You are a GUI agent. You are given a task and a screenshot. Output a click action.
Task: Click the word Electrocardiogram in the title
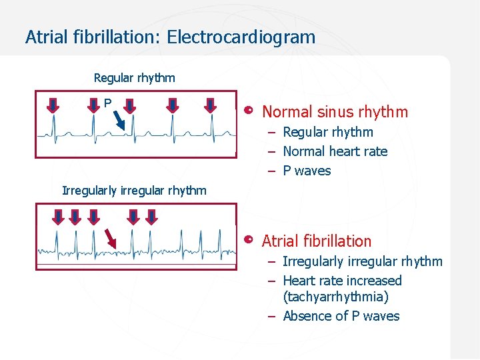[x=241, y=37]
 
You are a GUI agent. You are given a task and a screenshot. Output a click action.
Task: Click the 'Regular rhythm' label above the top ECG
[x=134, y=77]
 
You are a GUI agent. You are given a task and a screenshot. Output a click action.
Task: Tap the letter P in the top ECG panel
[x=107, y=103]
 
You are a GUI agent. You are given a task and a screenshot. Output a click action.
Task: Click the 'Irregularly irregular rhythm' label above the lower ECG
[x=134, y=190]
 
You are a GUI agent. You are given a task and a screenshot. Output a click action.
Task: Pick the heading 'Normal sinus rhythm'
[x=335, y=111]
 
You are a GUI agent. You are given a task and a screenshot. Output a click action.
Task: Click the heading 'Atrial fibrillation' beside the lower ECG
[x=317, y=241]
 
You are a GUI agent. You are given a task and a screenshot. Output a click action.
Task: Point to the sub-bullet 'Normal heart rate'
[x=335, y=151]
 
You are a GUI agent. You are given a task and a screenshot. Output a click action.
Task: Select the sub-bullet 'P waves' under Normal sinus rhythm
[x=307, y=171]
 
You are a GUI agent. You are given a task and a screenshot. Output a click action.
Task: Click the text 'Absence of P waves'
[x=341, y=316]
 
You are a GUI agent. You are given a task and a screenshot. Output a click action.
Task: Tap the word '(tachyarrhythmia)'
[x=335, y=297]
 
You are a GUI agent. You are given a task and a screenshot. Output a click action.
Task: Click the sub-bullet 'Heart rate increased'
[x=342, y=281]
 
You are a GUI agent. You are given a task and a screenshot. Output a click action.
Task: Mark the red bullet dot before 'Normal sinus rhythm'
[x=249, y=110]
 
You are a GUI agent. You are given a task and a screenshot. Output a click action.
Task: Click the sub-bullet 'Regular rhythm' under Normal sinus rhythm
[x=328, y=132]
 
